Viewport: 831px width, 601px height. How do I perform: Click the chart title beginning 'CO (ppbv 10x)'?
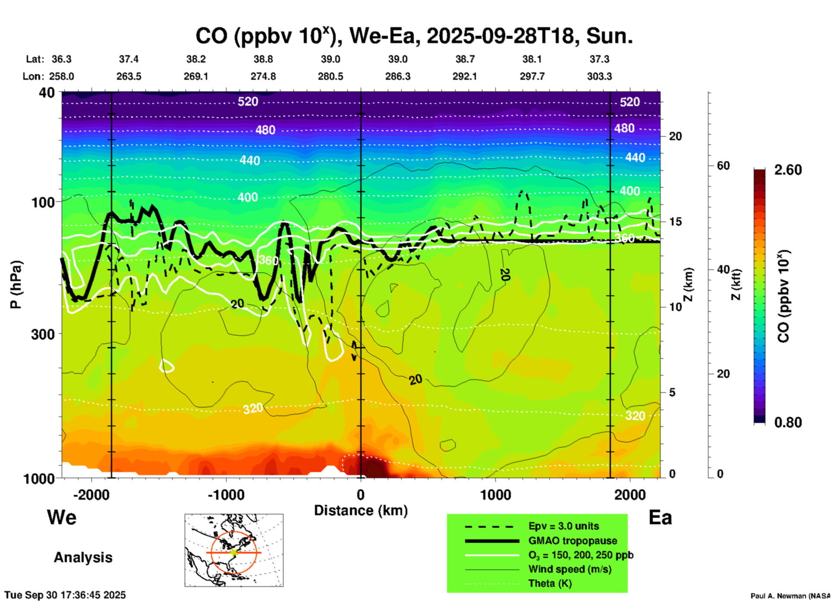pos(414,36)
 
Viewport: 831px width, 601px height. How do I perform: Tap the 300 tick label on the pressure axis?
pos(43,334)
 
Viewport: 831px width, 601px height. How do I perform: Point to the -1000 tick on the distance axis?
pos(226,495)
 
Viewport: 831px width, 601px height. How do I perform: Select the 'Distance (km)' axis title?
pos(361,510)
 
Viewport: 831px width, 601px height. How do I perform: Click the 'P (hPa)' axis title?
pos(16,285)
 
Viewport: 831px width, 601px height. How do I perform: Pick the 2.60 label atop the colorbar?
pos(788,170)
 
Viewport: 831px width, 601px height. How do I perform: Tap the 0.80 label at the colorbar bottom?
pos(788,423)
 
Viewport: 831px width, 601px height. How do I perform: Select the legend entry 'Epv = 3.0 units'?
pos(563,526)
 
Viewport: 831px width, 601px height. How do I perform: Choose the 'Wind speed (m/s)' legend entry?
pos(570,569)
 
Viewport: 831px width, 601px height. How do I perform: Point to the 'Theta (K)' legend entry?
pos(550,584)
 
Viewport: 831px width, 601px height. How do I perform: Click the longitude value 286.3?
pos(397,76)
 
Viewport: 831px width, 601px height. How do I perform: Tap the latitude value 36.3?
pos(62,59)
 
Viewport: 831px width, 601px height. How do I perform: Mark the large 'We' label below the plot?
pos(62,517)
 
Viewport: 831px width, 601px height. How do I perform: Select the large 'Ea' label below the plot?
pos(660,517)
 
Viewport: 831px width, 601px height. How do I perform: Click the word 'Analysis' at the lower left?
pos(83,557)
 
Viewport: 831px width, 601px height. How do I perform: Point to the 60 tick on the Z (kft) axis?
pos(723,166)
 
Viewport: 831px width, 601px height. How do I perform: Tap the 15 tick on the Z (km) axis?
pos(675,222)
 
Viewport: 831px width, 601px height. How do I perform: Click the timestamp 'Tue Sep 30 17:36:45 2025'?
pos(65,595)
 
